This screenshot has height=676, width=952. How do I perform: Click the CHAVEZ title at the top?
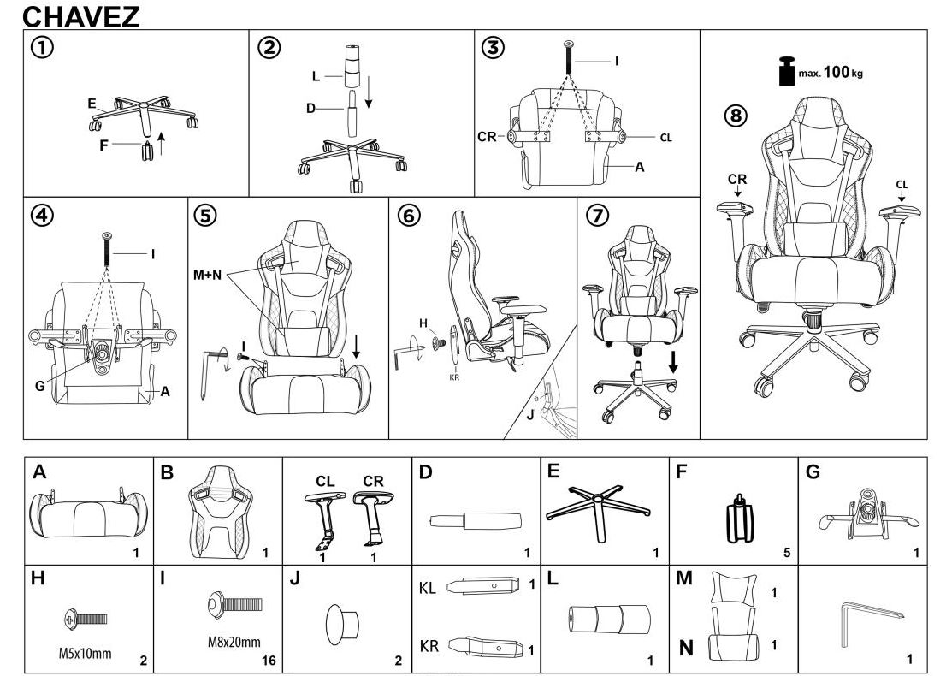pyautogui.click(x=81, y=16)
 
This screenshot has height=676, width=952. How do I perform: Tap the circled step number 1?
pyautogui.click(x=38, y=49)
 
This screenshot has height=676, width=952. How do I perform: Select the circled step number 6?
pyautogui.click(x=410, y=216)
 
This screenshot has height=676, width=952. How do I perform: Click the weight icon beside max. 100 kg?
pyautogui.click(x=785, y=72)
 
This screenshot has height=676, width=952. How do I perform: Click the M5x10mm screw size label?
pyautogui.click(x=84, y=655)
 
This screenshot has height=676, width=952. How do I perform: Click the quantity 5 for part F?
pyautogui.click(x=786, y=553)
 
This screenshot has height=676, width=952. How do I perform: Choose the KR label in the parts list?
pyautogui.click(x=429, y=646)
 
